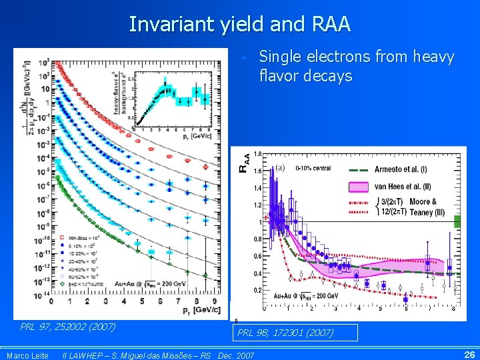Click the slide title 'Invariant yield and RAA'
pos(239,24)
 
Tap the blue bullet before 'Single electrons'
pos(245,59)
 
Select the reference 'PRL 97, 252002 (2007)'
pos(68,327)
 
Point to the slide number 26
pos(469,355)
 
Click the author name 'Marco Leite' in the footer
pos(27,355)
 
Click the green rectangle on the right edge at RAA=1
pos(457,222)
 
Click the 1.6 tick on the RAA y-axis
pos(257,171)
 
